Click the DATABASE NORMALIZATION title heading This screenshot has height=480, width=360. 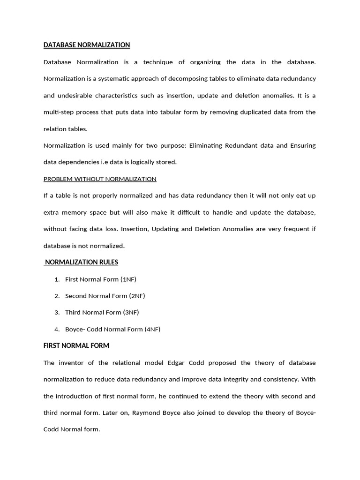point(87,45)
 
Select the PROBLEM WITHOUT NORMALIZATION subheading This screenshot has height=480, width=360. point(100,179)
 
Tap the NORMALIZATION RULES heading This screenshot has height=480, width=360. point(81,262)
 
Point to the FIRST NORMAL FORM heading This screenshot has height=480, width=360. point(76,345)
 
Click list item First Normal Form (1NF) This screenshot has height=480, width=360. point(101,279)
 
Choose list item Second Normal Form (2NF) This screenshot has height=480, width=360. point(105,296)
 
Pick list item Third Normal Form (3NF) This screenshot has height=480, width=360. point(102,312)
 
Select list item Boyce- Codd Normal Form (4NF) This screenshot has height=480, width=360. point(112,329)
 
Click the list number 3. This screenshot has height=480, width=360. point(57,312)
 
